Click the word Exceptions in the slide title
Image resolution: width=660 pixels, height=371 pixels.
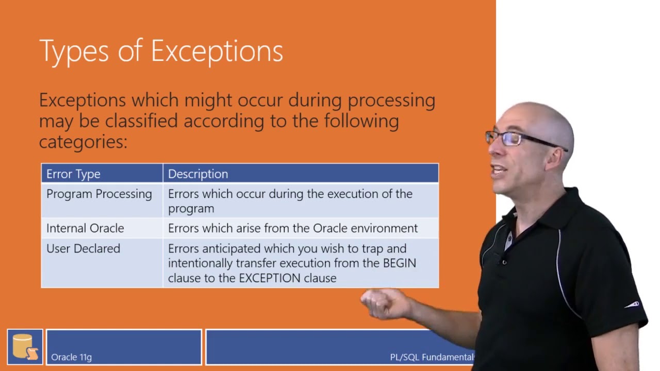[217, 52]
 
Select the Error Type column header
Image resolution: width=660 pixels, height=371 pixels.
[73, 174]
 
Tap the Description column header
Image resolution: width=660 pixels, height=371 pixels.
[198, 174]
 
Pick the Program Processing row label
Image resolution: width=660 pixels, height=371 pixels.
[99, 194]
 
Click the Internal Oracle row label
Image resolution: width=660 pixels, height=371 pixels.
[85, 228]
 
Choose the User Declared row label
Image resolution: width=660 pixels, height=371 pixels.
[83, 248]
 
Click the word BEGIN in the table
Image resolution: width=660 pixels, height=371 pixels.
[399, 263]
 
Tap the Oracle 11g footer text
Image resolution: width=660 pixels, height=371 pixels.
[71, 357]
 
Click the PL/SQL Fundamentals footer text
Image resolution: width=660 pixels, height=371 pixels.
[431, 357]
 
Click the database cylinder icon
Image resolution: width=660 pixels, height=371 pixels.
[25, 346]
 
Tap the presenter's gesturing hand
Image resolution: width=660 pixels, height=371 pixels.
[384, 303]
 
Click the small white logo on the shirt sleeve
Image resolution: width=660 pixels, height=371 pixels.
[632, 305]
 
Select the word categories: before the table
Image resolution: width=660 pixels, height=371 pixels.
[83, 142]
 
